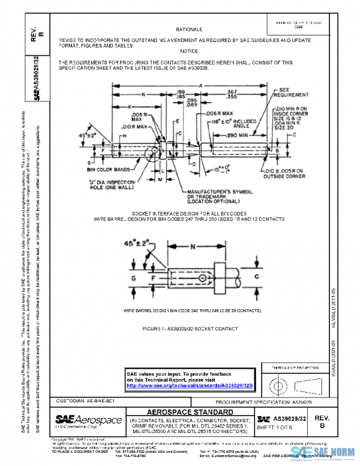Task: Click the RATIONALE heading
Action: (x=189, y=28)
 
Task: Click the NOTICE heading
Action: (x=189, y=51)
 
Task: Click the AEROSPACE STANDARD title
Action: (x=190, y=411)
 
